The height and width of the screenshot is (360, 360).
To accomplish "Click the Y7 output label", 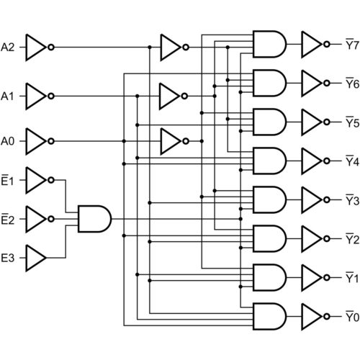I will tap(351, 44).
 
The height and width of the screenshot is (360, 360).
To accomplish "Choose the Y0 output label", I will tap(351, 315).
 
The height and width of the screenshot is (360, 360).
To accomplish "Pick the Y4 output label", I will tap(351, 160).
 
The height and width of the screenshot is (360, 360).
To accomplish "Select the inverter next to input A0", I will tap(37, 141).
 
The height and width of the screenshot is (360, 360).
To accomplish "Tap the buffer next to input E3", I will tap(36, 258).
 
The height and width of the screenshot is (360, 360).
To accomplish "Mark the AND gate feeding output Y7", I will tap(269, 44).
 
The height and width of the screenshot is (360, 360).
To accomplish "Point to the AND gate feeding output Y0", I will tap(269, 315).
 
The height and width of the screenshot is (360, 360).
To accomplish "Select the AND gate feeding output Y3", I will tap(269, 199).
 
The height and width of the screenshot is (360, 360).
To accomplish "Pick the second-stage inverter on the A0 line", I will tap(172, 141).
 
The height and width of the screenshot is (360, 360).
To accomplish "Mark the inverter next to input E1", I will tap(37, 181).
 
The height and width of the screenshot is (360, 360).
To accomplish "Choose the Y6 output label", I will tap(351, 83).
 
